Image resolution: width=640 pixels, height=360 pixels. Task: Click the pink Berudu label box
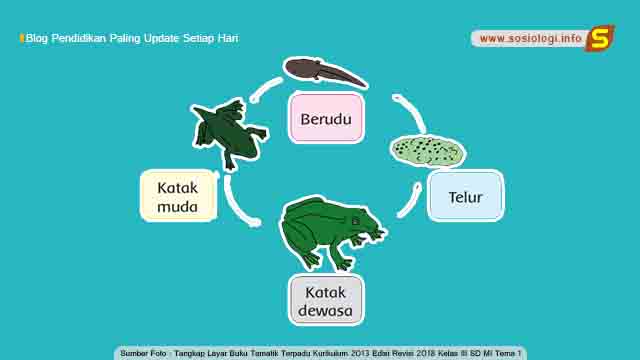click(326, 118)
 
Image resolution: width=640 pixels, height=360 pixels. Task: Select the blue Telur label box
click(465, 196)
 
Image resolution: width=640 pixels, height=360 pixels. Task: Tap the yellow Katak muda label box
click(178, 196)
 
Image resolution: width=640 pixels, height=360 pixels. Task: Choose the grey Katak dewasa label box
click(326, 300)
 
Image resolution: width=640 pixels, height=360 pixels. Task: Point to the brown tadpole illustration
click(325, 72)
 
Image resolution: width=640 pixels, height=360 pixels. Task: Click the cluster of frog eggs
click(427, 151)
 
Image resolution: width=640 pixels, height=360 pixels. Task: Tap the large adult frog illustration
click(331, 233)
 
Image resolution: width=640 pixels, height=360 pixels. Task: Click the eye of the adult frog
click(356, 222)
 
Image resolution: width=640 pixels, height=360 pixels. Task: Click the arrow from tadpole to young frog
click(264, 88)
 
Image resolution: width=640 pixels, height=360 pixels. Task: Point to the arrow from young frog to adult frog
click(236, 204)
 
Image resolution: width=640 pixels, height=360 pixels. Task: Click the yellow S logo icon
click(600, 38)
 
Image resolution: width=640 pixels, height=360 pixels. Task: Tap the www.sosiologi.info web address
click(531, 38)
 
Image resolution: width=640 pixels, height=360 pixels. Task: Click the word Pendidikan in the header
click(79, 38)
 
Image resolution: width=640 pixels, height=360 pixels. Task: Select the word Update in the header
click(161, 38)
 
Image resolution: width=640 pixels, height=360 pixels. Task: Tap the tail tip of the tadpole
click(366, 86)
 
